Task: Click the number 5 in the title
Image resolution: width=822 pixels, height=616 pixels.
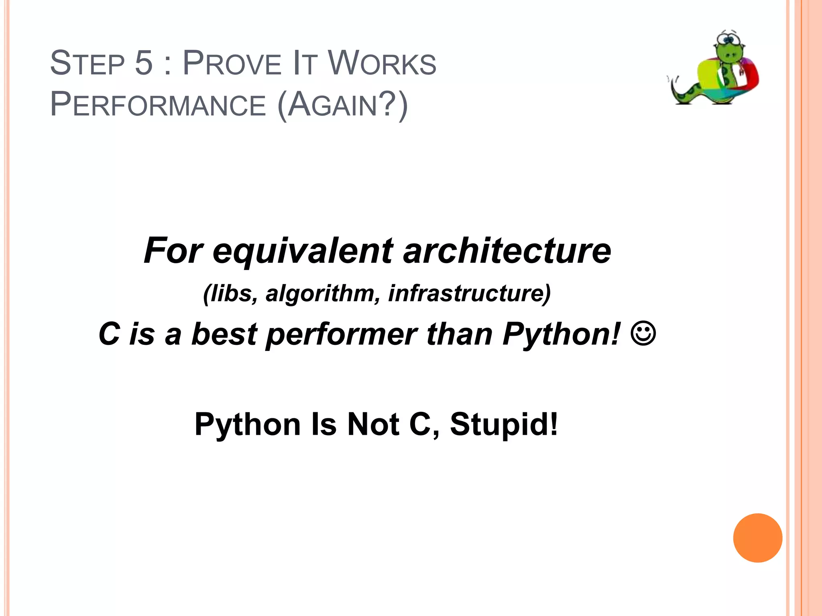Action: point(144,63)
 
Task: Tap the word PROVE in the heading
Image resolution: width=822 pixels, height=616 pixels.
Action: point(232,63)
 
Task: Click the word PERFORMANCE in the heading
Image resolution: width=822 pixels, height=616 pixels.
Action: point(158,105)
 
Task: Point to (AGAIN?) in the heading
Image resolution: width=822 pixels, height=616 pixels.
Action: point(342,105)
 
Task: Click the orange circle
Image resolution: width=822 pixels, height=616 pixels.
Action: point(757,538)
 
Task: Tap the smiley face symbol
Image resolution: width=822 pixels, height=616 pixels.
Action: point(643,334)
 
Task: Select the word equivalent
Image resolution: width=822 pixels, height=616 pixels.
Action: point(303,251)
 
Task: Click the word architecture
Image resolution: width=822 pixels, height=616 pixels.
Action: point(507,251)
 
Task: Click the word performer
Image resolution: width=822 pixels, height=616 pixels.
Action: point(341,334)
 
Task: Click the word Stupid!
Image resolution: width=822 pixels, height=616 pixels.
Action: point(504,424)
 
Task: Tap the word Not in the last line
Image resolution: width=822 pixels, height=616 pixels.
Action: point(373,424)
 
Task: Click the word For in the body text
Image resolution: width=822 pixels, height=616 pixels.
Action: point(173,251)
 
